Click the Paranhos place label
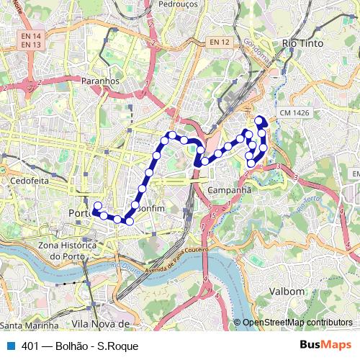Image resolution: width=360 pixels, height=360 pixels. click(x=101, y=81)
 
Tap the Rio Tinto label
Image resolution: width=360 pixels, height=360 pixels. click(x=302, y=44)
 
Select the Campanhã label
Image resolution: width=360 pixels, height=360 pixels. click(x=228, y=190)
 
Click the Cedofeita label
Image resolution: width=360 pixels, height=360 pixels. click(x=30, y=181)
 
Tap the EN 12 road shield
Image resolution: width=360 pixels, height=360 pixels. click(x=220, y=43)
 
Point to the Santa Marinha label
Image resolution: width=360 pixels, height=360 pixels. click(x=30, y=325)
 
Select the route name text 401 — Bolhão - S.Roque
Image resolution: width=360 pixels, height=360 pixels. click(x=80, y=346)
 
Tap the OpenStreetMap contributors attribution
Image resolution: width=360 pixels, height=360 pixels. click(x=297, y=323)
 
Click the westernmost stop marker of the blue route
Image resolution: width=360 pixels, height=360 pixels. click(x=96, y=211)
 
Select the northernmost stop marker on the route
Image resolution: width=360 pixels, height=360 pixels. click(x=258, y=119)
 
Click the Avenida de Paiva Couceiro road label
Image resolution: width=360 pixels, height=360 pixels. click(x=176, y=256)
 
